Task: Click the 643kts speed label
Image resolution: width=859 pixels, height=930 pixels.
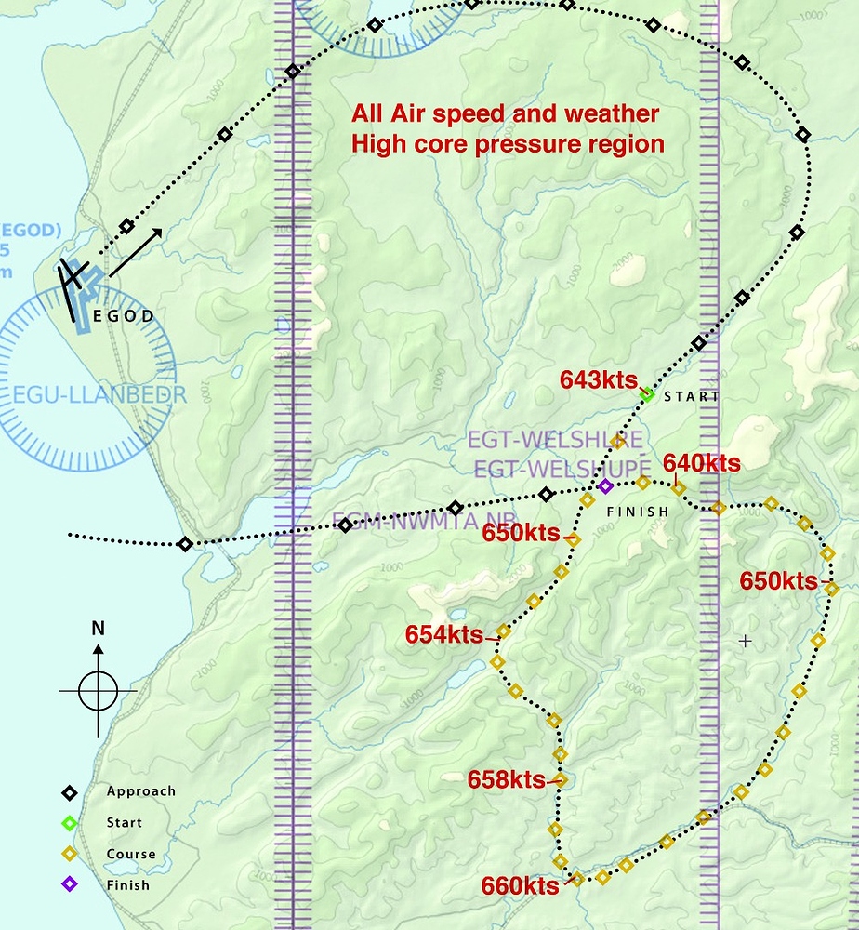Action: (x=598, y=379)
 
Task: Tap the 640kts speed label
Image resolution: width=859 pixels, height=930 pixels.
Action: (x=701, y=463)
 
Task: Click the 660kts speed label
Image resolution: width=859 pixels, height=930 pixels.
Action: (x=520, y=885)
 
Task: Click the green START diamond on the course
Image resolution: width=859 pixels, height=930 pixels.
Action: (x=647, y=395)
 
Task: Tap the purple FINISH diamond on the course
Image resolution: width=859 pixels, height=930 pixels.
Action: (x=605, y=485)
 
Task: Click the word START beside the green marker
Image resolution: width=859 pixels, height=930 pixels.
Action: (x=692, y=396)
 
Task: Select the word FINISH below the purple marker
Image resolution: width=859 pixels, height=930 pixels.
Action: (x=637, y=511)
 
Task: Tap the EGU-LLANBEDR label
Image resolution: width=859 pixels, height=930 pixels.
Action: (x=99, y=394)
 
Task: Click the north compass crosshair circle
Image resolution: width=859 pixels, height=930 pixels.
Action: (x=98, y=691)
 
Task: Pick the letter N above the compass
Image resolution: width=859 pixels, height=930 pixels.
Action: (x=98, y=628)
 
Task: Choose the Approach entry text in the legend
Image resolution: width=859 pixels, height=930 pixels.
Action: (x=140, y=791)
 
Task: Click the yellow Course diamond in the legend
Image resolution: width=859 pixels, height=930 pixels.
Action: (x=70, y=854)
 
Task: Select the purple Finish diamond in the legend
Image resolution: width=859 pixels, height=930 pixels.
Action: (x=70, y=884)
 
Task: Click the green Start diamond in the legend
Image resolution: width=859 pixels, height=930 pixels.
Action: (x=70, y=822)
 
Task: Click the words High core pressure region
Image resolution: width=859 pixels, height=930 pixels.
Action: (x=508, y=144)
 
